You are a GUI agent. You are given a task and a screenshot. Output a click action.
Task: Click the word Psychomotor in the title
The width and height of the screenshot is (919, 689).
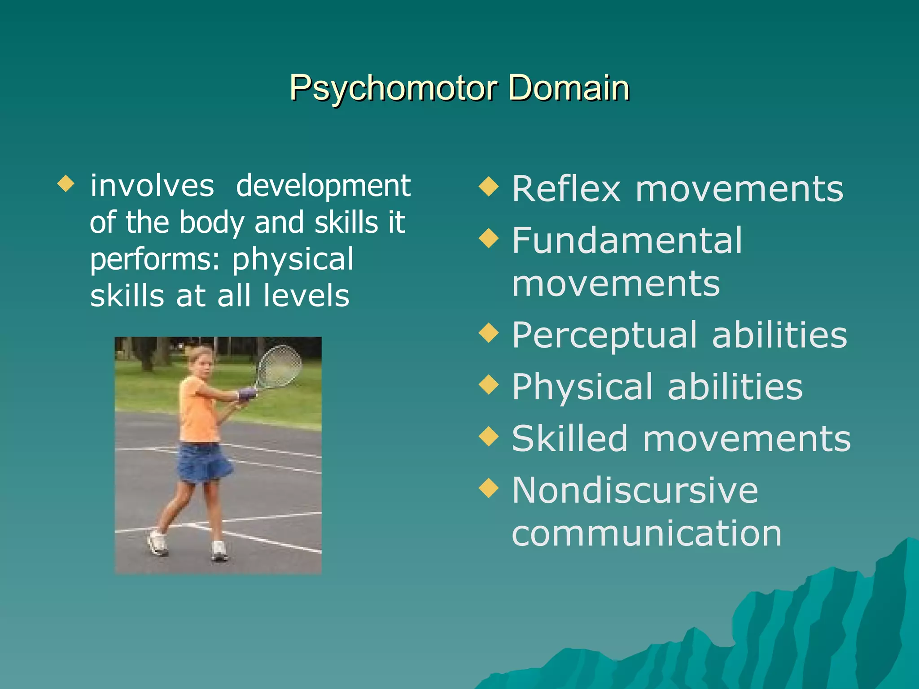pyautogui.click(x=393, y=88)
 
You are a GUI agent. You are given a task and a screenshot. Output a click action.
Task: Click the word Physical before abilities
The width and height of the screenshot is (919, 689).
pyautogui.click(x=582, y=387)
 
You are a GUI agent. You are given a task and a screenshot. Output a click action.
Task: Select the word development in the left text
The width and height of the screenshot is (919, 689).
pyautogui.click(x=323, y=186)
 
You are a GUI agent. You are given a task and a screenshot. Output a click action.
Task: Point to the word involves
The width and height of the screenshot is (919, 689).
pyautogui.click(x=152, y=186)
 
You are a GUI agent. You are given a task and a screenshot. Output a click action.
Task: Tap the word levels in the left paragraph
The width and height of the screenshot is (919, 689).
pyautogui.click(x=306, y=296)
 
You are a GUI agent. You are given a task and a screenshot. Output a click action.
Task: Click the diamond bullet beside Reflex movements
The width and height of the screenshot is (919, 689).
pyautogui.click(x=489, y=186)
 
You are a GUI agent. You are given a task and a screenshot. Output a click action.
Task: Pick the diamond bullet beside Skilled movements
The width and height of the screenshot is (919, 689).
pyautogui.click(x=489, y=436)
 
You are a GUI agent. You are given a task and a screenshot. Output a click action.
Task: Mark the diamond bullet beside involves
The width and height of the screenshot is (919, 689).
pyautogui.click(x=66, y=183)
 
